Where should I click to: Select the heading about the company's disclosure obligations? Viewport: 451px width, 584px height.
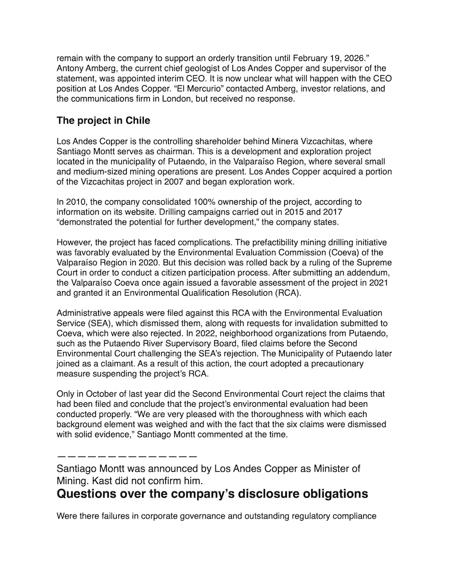212,494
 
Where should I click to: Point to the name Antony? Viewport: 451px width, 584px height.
72,68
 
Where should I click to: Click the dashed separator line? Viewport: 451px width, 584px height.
127,455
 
